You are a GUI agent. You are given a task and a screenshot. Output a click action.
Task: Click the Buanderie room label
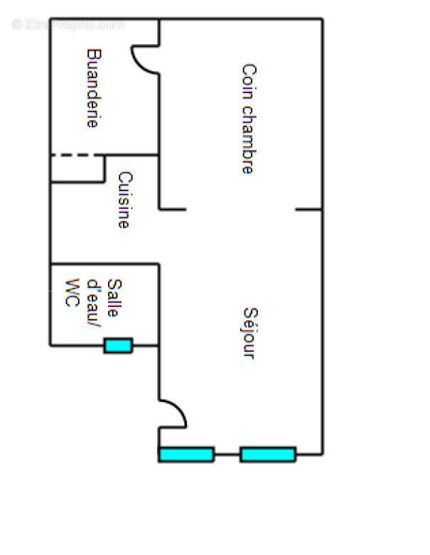click(94, 88)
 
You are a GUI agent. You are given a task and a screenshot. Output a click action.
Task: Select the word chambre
click(249, 139)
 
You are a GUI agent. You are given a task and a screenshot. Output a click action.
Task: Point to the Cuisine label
click(125, 200)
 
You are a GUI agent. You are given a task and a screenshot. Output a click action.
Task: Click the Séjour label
click(251, 333)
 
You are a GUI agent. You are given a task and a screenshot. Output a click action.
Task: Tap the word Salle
click(114, 298)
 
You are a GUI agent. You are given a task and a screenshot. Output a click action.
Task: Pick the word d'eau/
click(94, 303)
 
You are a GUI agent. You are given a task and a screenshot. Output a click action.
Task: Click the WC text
click(72, 293)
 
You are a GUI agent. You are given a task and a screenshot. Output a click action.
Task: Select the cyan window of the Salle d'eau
click(118, 345)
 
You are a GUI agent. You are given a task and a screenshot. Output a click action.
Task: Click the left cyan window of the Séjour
click(186, 455)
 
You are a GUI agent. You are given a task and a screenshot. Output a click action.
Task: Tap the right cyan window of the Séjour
click(268, 455)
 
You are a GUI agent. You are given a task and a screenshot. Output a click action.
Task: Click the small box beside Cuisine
click(77, 169)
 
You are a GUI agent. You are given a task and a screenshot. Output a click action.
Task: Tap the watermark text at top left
click(68, 24)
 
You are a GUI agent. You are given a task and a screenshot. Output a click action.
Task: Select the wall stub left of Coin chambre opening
click(173, 210)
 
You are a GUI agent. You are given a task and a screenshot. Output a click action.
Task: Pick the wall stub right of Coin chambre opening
click(309, 210)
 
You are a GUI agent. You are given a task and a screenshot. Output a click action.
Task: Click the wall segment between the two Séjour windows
click(227, 454)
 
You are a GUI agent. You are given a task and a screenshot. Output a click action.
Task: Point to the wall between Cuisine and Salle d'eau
click(104, 264)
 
